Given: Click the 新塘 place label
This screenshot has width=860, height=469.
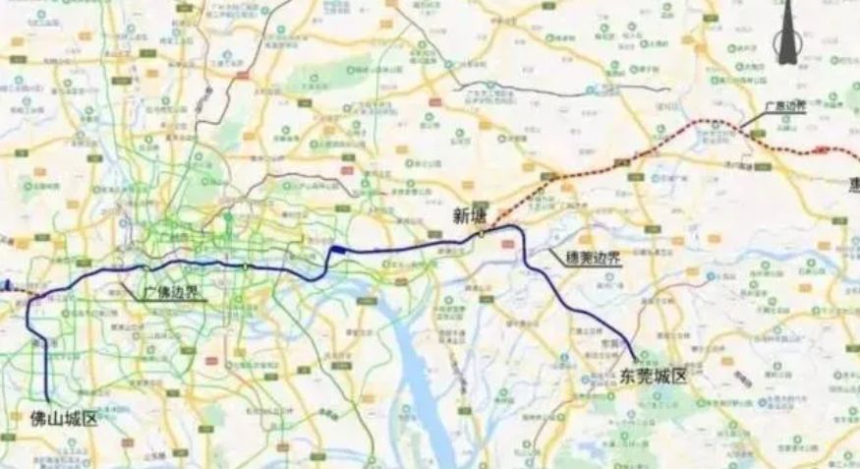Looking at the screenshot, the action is coord(469,215).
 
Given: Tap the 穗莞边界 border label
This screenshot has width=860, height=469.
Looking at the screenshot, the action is coord(593,258).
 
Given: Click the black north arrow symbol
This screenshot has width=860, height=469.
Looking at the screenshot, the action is coord(786,34).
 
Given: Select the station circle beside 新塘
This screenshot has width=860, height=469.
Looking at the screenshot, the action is coord(482,234).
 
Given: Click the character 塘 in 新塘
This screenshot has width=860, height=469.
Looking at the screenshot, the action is coord(479,215).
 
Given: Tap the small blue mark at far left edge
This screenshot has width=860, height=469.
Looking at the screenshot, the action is coord(5,286).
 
